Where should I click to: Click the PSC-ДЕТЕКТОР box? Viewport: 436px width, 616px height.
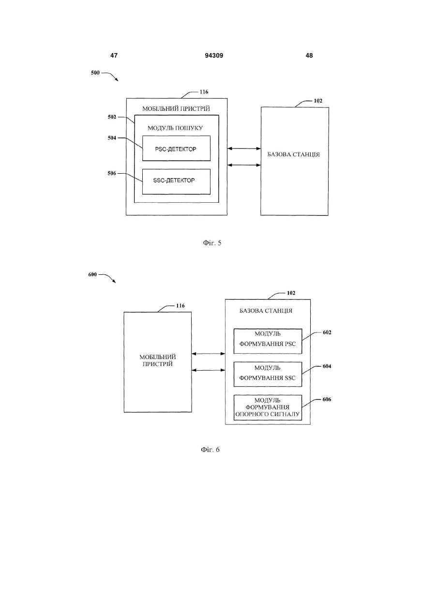coord(176,148)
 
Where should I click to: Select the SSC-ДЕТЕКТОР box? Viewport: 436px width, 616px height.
coord(176,181)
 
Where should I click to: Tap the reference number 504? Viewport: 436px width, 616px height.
coord(112,138)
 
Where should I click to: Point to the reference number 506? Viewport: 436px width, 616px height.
coord(112,174)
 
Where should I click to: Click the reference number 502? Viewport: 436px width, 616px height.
coord(112,117)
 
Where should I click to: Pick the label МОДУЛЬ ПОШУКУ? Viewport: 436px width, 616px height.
coord(175,128)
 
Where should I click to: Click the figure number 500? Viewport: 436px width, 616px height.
coord(95,73)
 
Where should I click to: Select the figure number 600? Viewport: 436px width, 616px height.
coord(92,274)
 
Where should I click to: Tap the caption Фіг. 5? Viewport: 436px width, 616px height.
coord(212,243)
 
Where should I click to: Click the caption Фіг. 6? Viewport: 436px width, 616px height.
coord(210,450)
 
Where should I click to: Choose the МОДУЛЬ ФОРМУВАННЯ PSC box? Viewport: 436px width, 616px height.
coord(268,341)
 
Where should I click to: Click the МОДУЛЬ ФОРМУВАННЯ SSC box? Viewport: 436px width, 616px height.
coord(268,374)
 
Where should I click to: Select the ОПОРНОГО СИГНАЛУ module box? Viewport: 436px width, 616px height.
coord(268,408)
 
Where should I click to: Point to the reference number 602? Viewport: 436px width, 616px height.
coord(327,332)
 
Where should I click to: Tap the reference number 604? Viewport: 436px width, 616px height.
coord(327,366)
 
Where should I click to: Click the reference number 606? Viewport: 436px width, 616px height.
coord(327,399)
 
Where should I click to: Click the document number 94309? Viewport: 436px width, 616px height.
coord(214,56)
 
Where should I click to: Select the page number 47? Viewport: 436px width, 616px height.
coord(114,56)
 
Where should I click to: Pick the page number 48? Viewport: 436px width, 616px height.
coord(309,56)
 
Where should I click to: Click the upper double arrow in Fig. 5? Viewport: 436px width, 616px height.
coord(244,149)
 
